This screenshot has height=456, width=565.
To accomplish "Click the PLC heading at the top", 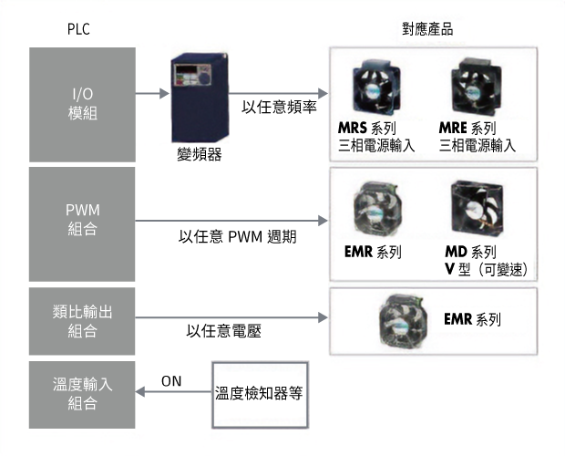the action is (x=78, y=29).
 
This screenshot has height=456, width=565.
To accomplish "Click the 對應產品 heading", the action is (x=427, y=29).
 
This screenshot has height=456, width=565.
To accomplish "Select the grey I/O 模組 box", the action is (x=83, y=105).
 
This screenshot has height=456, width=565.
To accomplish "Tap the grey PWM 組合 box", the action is (x=82, y=223).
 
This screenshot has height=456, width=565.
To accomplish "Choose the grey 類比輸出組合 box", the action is (x=82, y=321).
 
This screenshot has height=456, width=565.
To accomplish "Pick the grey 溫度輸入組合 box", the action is (x=82, y=395).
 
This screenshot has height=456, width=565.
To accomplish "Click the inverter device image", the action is (x=200, y=98).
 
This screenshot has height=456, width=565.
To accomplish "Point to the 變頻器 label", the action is (x=200, y=154).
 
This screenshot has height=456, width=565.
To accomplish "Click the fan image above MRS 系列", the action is (x=376, y=88).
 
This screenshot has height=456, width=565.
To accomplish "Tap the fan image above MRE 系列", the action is (x=476, y=88).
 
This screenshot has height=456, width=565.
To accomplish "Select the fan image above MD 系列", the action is (x=477, y=208).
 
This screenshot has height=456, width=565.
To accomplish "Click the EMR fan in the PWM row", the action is (x=377, y=209).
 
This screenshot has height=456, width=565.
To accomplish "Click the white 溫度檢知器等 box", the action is (x=260, y=395).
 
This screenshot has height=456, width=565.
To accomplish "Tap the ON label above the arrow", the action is (x=171, y=381).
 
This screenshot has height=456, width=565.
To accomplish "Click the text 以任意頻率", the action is (x=279, y=107).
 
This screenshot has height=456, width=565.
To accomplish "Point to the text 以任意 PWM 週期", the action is (x=238, y=237).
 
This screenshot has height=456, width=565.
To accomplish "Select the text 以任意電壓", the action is (x=224, y=331).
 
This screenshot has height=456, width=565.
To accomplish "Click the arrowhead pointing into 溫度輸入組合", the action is (x=139, y=391).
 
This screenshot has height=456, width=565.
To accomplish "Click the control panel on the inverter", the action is (x=192, y=76).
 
